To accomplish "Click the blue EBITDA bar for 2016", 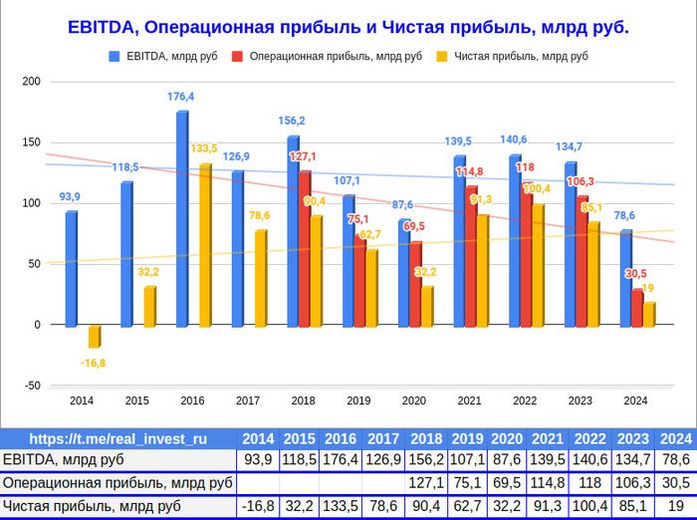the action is click(x=182, y=219).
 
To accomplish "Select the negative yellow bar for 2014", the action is click(x=95, y=337).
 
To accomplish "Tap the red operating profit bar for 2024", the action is click(x=637, y=308).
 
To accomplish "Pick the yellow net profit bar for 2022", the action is click(x=539, y=266).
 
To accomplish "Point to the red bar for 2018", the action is click(x=305, y=249).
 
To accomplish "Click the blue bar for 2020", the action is click(x=404, y=273).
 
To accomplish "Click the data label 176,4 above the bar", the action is click(x=180, y=97).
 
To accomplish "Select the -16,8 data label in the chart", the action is click(x=93, y=363).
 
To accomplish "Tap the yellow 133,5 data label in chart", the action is click(x=204, y=148).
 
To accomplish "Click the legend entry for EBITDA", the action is click(x=163, y=56).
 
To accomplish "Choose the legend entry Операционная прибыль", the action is click(x=327, y=56).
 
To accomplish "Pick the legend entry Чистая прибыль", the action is click(x=512, y=56).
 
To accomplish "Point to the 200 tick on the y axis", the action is click(x=31, y=82).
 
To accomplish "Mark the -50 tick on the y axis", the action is click(x=32, y=386).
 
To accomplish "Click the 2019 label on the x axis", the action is click(x=358, y=400).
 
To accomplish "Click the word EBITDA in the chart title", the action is click(x=101, y=27).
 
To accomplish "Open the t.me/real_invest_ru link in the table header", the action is click(x=118, y=439).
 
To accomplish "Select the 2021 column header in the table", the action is click(x=548, y=439).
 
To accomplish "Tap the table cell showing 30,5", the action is click(x=676, y=482).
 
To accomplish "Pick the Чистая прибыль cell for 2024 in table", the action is click(x=676, y=506).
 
